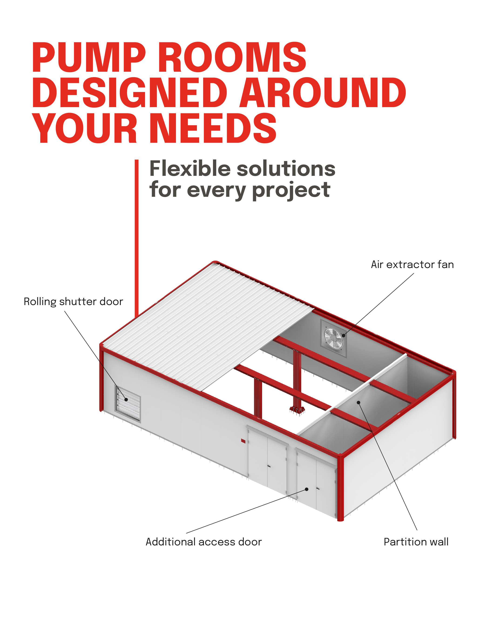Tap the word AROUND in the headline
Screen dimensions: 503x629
pos(323,92)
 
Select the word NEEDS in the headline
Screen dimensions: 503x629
pos(214,128)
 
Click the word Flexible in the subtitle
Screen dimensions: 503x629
pos(190,169)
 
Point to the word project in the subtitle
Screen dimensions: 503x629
pos(291,190)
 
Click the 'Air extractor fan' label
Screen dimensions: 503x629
pos(412,265)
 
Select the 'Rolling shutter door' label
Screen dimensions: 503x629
pos(73,302)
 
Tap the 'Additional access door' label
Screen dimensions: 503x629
pos(203,542)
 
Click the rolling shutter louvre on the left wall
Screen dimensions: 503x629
pos(128,404)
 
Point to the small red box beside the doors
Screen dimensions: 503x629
pos(243,441)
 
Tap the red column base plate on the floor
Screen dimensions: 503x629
pos(297,410)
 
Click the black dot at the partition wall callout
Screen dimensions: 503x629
pos(359,403)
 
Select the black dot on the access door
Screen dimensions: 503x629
pos(307,489)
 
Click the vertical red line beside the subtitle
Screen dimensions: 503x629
pos(136,239)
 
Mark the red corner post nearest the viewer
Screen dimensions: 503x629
pos(340,487)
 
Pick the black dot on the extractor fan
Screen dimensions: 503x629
pos(344,336)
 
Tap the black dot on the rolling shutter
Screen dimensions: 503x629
pos(126,400)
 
